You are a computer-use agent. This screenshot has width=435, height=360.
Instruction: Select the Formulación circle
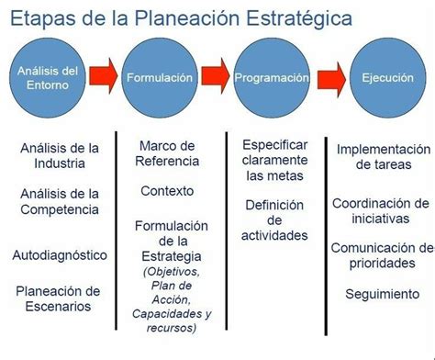(161, 77)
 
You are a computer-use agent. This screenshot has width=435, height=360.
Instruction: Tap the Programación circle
(272, 77)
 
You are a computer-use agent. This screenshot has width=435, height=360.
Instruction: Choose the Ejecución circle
(385, 77)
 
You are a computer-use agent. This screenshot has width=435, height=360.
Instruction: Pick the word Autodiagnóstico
(60, 254)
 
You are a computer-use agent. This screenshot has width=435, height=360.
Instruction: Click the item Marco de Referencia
(167, 153)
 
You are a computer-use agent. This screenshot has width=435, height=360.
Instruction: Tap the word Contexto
(167, 191)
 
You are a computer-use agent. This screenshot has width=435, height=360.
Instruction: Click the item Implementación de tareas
(383, 156)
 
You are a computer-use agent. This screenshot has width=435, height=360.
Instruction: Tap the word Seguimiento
(383, 294)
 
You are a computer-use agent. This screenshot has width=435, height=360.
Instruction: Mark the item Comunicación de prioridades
(382, 256)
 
